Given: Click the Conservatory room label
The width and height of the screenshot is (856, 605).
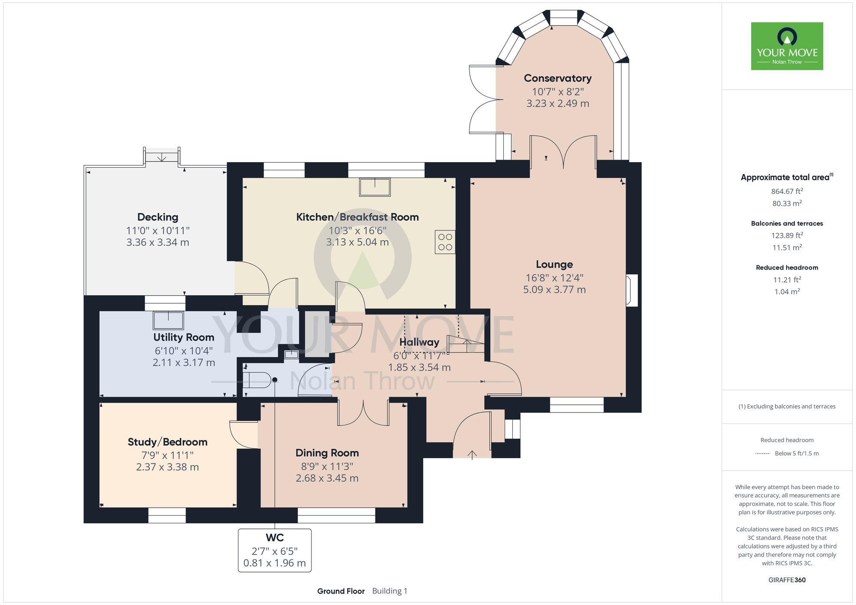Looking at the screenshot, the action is coord(558,78).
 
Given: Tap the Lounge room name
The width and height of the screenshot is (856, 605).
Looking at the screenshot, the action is coord(554,264).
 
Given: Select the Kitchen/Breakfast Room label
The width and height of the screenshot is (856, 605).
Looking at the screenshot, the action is coord(357,217).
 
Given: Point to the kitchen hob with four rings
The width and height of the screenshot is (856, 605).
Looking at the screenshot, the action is coord(445,242).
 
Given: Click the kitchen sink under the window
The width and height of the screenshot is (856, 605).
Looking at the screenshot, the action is coord(375,187).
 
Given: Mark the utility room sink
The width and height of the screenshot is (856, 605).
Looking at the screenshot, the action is coord(169,320).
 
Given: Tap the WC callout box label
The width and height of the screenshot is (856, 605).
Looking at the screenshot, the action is coord(275,538).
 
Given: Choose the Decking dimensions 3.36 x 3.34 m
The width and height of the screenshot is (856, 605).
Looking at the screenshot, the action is coord(158,243).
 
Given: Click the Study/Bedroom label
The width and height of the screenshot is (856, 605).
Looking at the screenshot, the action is coord(167,442).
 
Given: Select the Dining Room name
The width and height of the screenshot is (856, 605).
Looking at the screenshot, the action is coord(327,453).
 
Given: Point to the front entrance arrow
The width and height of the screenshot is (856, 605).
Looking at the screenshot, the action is coord(472,455).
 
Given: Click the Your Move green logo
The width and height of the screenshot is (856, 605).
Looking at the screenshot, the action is coord(787,46).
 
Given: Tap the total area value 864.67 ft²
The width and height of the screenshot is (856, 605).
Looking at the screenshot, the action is coord(787,191).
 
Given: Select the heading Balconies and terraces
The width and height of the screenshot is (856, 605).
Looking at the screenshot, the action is coord(787,223).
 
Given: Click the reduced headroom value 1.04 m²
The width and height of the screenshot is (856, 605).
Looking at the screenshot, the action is coord(787,291).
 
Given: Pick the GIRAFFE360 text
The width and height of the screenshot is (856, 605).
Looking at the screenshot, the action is coord(787,580).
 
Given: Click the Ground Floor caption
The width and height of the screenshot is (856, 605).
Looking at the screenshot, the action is coord(341,591).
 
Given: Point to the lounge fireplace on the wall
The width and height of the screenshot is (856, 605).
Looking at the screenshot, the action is coord(632,291).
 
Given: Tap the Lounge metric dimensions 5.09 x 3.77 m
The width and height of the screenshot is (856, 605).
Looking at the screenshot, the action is coord(554,290).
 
